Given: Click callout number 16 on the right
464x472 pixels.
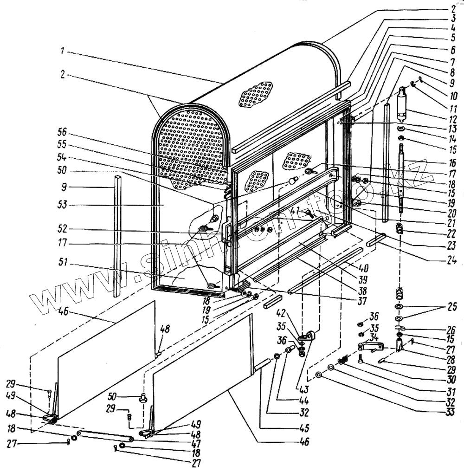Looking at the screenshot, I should coord(452,163).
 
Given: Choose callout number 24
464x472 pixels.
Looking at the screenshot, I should coord(452,261).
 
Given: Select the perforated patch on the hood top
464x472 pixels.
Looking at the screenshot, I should coord(256,95).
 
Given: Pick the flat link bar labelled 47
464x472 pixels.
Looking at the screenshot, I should coord(105,436).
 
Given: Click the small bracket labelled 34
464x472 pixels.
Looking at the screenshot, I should coord(371,346).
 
